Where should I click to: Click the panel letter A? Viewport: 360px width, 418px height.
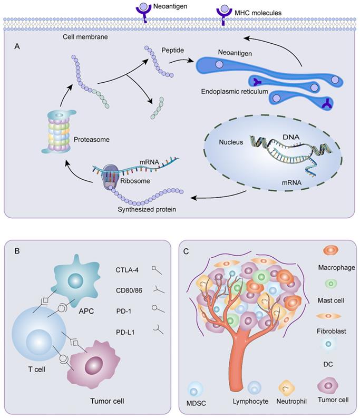coord(17,46)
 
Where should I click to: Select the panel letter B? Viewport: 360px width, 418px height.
coord(17,251)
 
